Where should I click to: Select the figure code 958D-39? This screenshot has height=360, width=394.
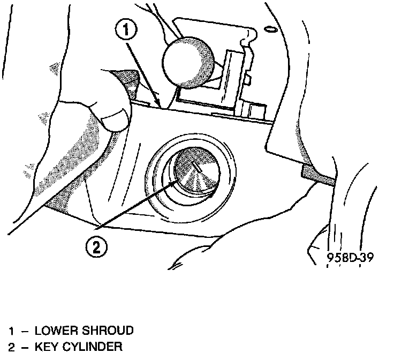pos(350,257)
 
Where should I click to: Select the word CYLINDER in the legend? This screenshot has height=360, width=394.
pos(92,347)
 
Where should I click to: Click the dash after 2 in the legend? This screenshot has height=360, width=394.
pos(24,347)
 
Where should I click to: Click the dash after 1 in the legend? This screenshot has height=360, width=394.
pos(24,331)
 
